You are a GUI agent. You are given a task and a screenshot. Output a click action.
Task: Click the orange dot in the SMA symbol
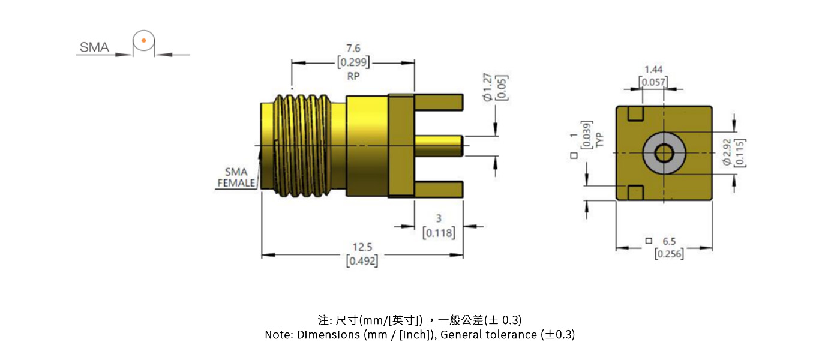143,41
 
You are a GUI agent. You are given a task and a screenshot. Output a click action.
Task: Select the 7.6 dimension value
353,49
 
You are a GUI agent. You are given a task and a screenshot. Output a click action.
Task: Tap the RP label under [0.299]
353,76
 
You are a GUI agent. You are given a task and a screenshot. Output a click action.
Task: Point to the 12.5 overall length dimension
362,247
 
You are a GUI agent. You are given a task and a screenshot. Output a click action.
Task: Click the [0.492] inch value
362,261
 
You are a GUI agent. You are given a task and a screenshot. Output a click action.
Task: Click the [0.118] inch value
439,233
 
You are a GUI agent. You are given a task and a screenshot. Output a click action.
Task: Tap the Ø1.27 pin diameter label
487,88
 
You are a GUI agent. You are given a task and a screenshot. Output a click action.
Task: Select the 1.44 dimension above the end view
653,70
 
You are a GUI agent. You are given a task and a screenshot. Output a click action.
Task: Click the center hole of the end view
664,153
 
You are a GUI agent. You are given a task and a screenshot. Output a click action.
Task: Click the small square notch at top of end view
635,113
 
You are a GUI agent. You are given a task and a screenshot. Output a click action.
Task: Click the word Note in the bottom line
278,335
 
